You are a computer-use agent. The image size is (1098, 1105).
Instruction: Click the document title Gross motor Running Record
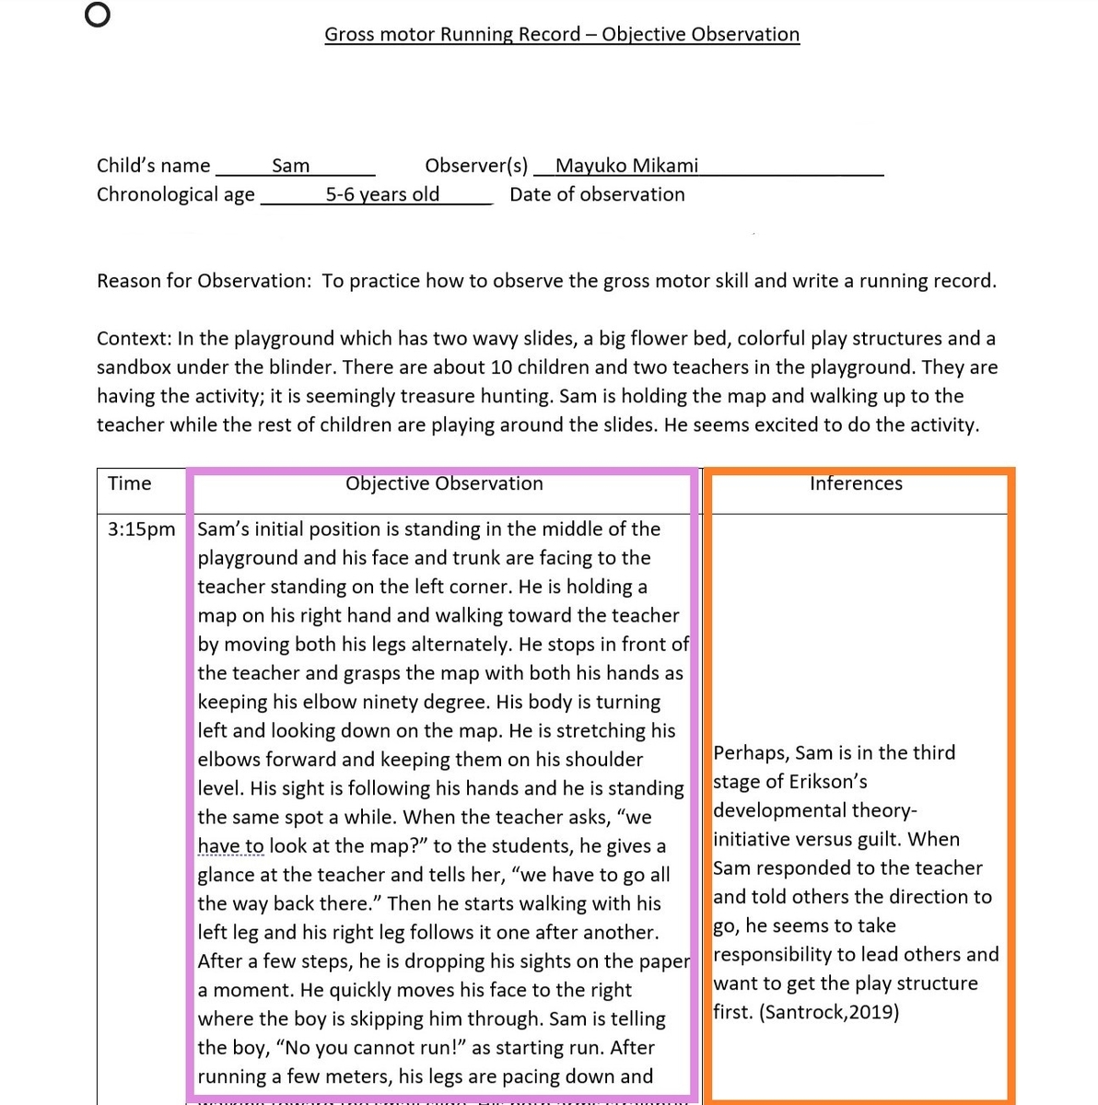[562, 35]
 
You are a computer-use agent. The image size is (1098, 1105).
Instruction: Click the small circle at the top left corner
[97, 16]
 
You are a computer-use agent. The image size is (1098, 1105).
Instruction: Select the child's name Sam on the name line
[290, 166]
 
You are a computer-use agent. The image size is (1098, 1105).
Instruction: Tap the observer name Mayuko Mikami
[626, 166]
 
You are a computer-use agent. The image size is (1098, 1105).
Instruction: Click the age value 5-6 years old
[382, 194]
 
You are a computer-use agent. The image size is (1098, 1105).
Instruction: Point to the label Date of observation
[597, 194]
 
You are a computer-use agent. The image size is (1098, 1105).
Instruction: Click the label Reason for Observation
[204, 281]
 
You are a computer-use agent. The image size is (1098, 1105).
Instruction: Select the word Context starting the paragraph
[133, 339]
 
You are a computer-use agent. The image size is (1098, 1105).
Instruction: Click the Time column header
[129, 483]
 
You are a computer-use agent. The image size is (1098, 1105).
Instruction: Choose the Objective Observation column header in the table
[444, 483]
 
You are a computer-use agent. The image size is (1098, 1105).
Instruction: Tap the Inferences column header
[856, 483]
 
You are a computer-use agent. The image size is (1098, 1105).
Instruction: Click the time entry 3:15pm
[141, 529]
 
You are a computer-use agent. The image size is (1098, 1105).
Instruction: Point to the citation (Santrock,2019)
[829, 1012]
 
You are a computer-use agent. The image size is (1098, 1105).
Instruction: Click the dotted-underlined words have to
[230, 846]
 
